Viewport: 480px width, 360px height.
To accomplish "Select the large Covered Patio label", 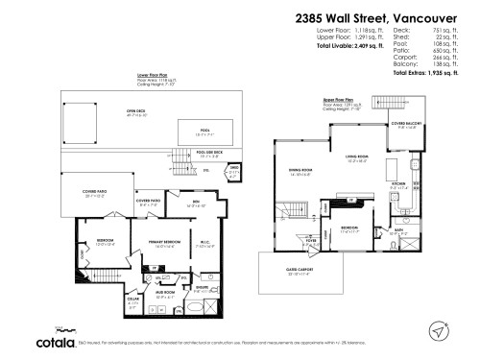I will pyautogui.click(x=84, y=192).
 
